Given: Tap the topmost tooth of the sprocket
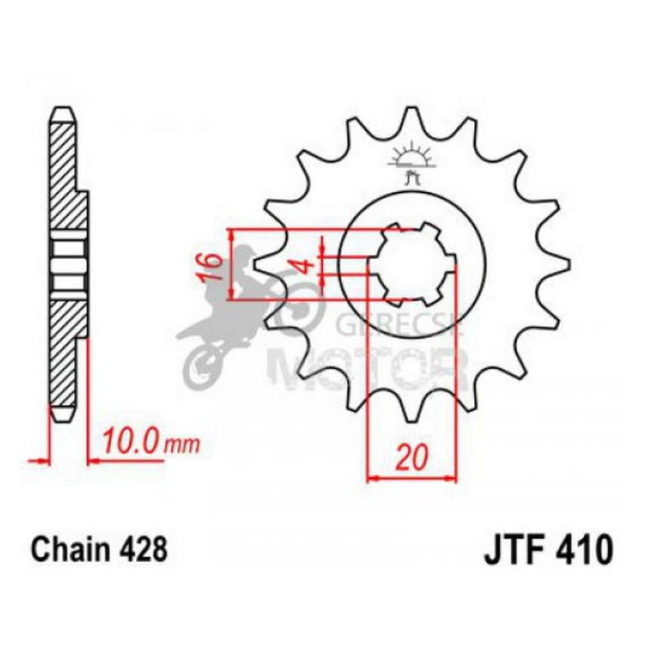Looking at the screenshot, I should point(410,117).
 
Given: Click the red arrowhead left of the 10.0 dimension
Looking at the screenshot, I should point(37,459).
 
